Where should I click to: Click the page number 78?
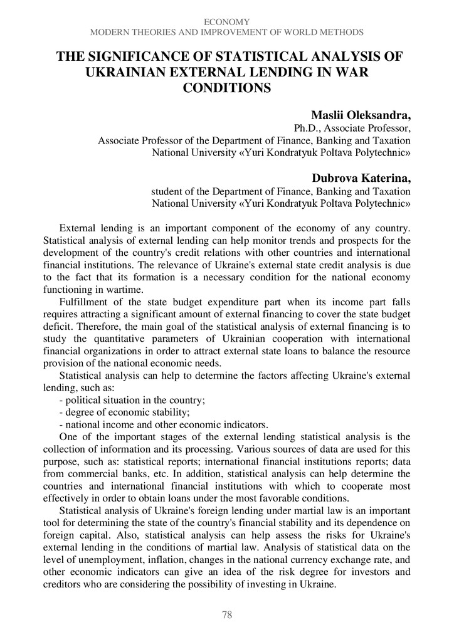pos(227,614)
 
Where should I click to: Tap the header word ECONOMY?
pos(227,21)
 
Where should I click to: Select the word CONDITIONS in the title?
pos(226,88)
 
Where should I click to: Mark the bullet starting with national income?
pos(164,423)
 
